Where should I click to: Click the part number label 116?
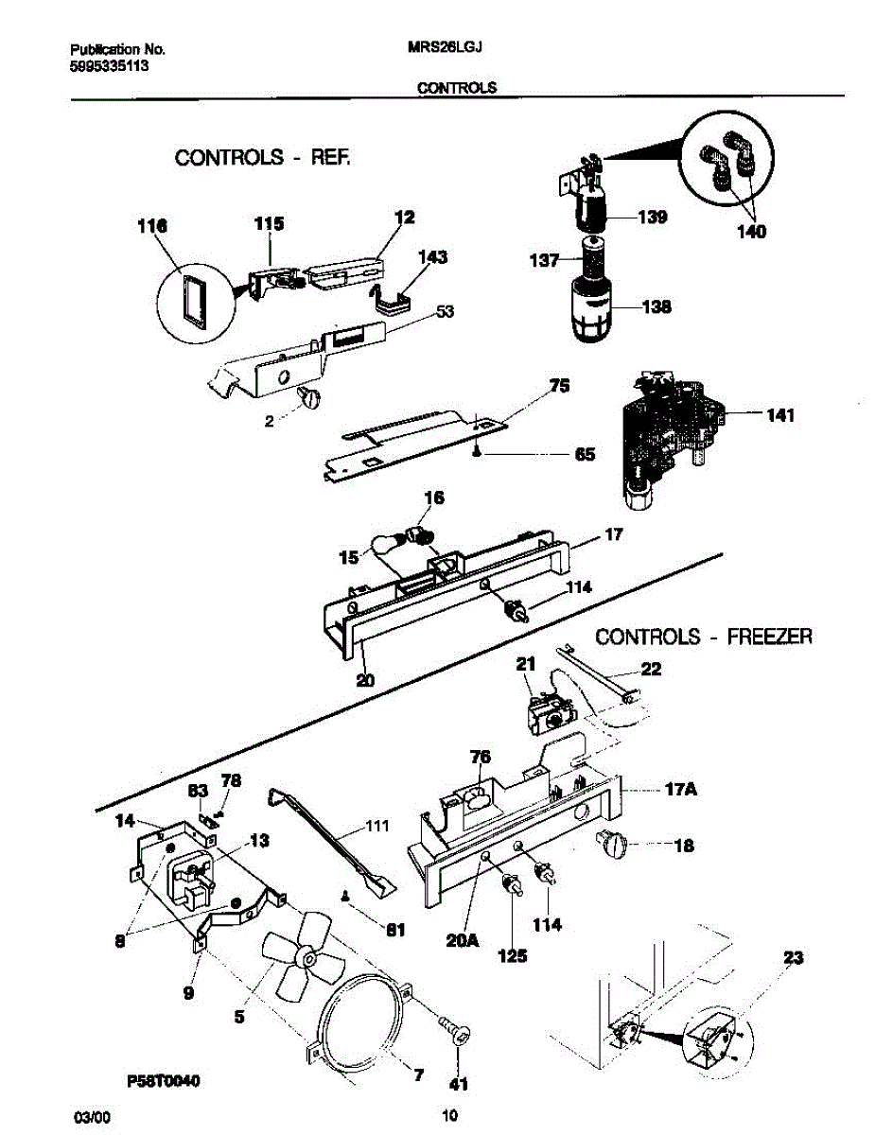(152, 226)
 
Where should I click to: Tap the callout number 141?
(780, 415)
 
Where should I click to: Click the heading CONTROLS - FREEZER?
(704, 637)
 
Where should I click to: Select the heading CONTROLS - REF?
(262, 157)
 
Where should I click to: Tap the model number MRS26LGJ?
(445, 47)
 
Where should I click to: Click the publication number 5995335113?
(109, 66)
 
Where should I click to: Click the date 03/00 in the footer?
(92, 1118)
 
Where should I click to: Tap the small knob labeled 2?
(308, 398)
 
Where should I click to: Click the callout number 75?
(559, 386)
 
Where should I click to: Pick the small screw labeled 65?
(477, 454)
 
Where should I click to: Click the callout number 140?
(751, 231)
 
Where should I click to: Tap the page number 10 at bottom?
(449, 1115)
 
